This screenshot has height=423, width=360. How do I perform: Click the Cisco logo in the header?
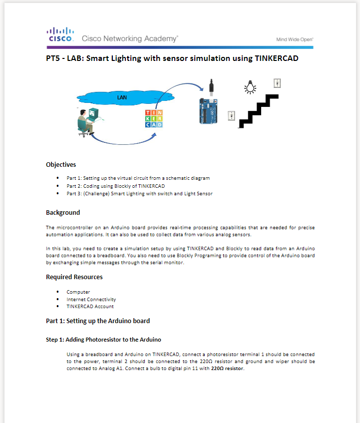click(x=60, y=34)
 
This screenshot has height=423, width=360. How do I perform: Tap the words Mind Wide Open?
click(x=295, y=39)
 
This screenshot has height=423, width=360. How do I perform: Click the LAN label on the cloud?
click(x=122, y=97)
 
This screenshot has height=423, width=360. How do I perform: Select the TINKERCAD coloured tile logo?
click(x=154, y=119)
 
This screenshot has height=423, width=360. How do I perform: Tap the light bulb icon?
click(x=250, y=87)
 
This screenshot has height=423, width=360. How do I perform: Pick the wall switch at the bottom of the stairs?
click(x=231, y=116)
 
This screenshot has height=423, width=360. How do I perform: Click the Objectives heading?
click(x=61, y=164)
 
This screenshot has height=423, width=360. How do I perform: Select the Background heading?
click(x=63, y=213)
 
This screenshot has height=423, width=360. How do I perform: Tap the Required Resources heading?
click(x=74, y=277)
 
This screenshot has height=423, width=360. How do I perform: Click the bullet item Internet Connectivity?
click(x=91, y=299)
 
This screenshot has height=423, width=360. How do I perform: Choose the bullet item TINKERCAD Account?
click(x=90, y=307)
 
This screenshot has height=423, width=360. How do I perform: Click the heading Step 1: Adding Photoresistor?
click(x=103, y=340)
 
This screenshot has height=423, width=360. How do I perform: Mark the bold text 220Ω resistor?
click(x=227, y=369)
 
